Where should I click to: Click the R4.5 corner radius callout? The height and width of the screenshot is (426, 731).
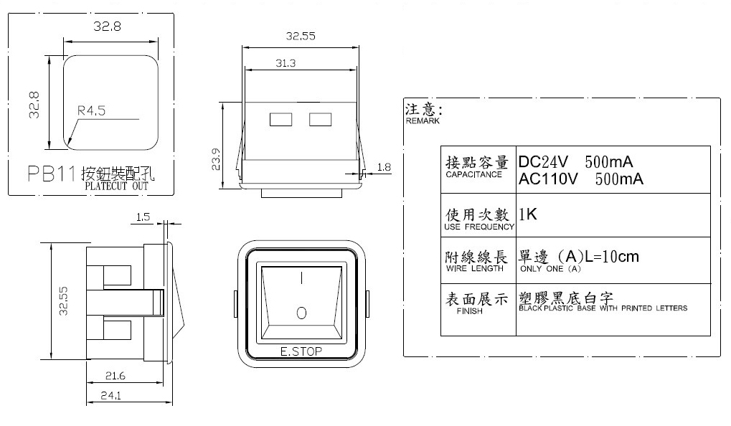91,111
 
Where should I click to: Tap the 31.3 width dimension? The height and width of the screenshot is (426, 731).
285,63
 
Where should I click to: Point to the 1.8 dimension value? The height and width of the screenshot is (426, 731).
383,167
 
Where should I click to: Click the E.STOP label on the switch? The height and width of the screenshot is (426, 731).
301,351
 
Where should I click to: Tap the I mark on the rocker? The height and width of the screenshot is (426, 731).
301,277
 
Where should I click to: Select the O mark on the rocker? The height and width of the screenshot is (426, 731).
301,313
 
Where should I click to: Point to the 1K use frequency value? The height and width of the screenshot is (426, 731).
528,214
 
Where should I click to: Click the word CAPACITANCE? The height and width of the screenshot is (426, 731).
473,175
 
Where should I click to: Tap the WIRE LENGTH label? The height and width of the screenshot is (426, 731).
471,269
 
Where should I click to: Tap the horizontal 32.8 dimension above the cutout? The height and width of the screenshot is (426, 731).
106,27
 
